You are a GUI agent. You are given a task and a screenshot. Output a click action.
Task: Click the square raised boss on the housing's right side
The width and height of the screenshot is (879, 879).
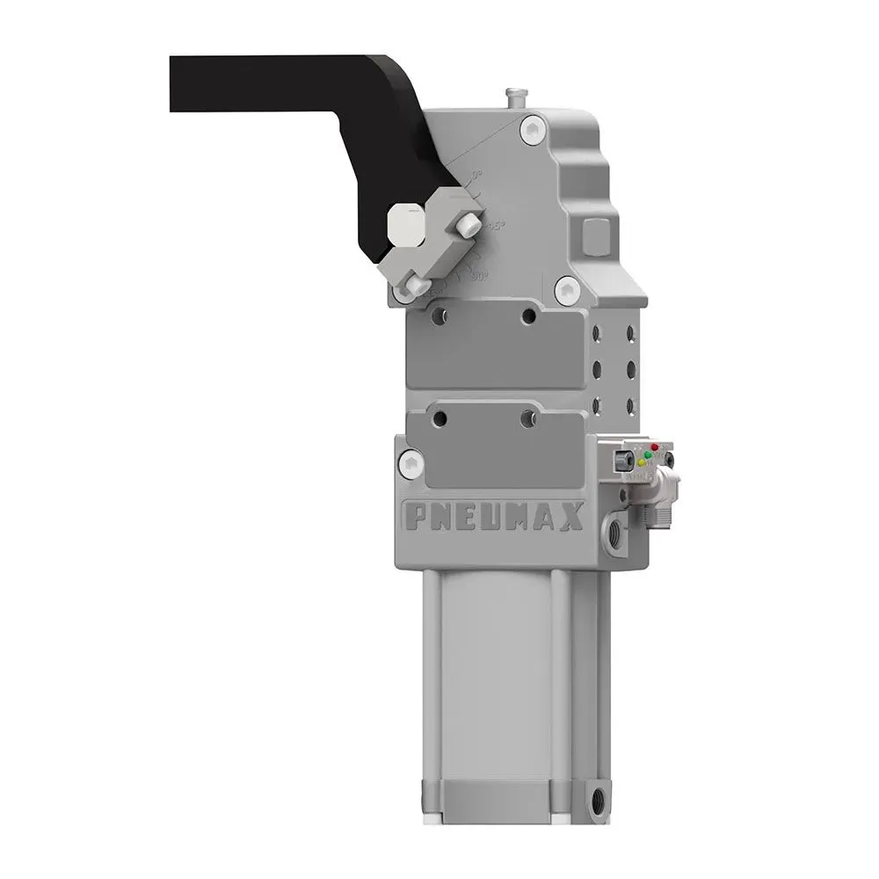click(597, 234)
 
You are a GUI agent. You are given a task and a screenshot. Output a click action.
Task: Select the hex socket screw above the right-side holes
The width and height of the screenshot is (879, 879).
click(568, 287)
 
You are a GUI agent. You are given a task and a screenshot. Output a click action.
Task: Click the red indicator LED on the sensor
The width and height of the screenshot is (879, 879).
click(654, 448)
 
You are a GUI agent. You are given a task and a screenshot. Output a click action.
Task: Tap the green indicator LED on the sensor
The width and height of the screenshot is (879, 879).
click(647, 455)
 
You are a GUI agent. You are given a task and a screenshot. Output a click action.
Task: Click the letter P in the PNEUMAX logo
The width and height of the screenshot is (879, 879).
click(412, 517)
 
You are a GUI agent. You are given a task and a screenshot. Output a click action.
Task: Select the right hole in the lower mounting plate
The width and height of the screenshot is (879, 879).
click(527, 420)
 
